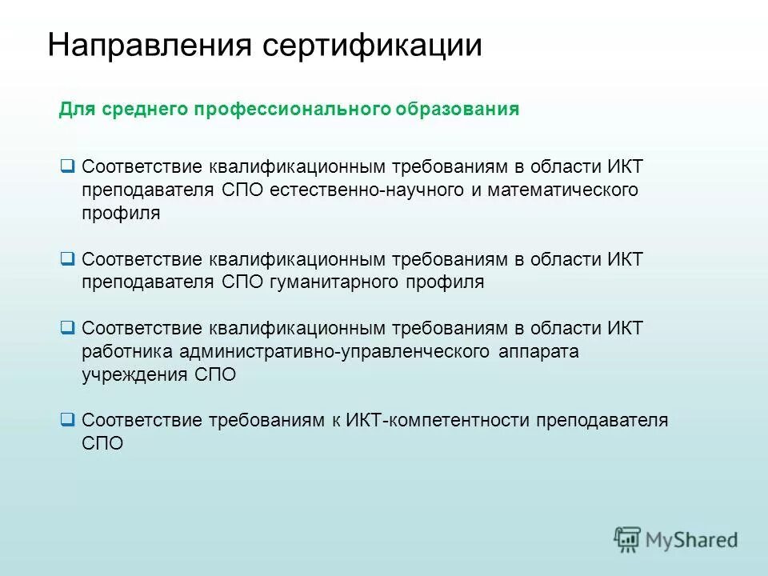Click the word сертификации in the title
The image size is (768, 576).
[372, 45]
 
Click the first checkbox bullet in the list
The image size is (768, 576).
[67, 166]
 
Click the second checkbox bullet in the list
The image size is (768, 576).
[67, 258]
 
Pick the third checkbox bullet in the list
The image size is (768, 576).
[67, 327]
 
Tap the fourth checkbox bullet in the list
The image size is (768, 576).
[67, 419]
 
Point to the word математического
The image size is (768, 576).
[570, 190]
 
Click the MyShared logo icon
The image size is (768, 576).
[627, 539]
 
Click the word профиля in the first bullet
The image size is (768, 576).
[121, 213]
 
